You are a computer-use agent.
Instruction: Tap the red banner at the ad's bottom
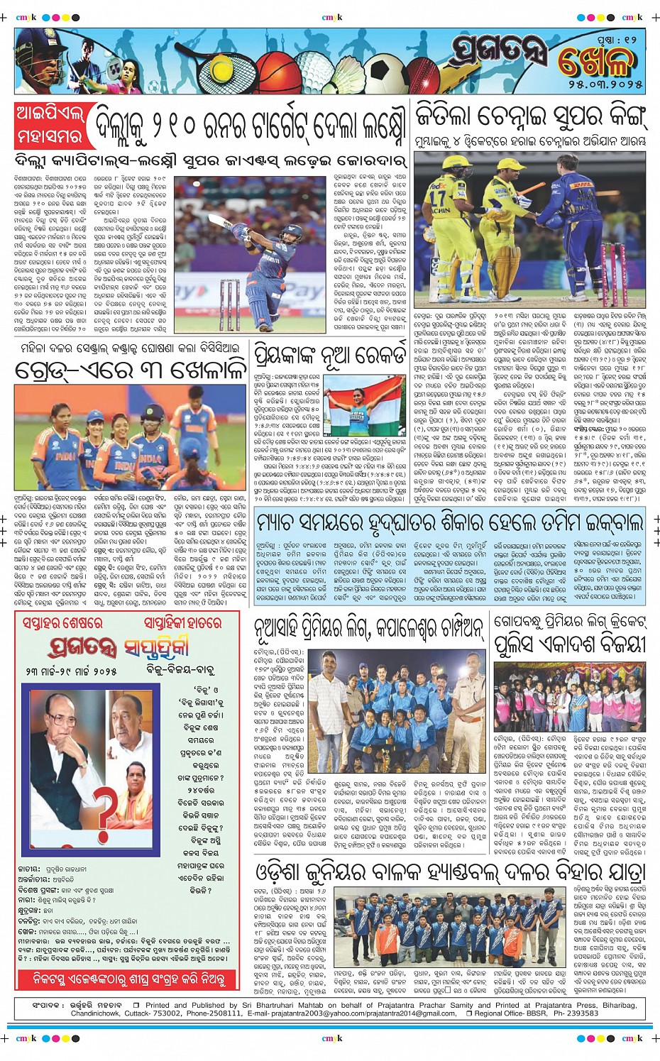131,979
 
